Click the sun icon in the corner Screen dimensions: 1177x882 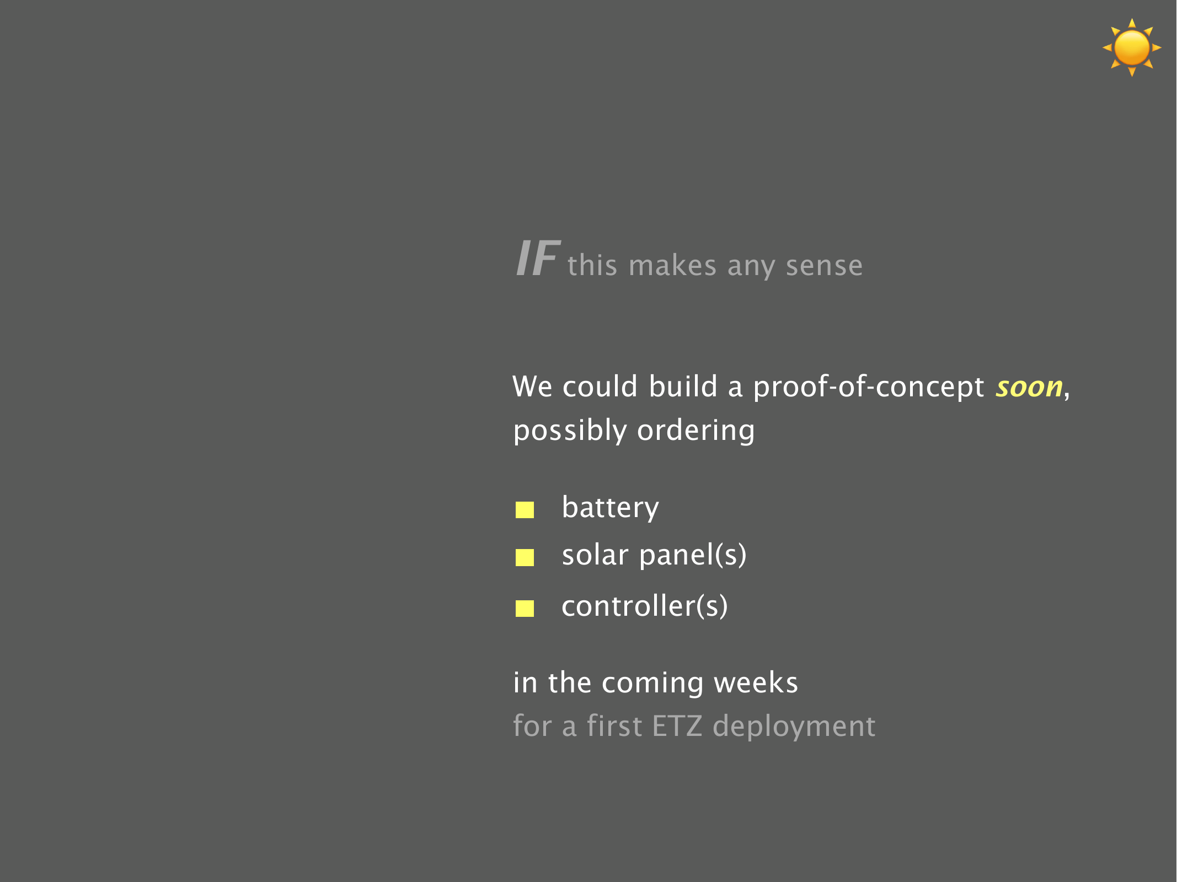pos(1132,47)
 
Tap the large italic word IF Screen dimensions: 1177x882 pos(538,258)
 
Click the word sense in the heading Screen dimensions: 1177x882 pos(824,266)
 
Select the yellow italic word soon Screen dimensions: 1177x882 pos(1029,387)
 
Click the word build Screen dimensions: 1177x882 pos(683,386)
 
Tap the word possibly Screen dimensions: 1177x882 pos(570,431)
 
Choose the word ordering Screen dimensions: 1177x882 pos(696,431)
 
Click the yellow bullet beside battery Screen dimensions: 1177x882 pos(525,510)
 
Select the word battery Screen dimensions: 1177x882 pos(610,508)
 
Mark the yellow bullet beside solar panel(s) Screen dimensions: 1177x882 pos(525,557)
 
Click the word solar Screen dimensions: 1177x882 pos(595,555)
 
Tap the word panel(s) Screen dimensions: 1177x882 pos(693,555)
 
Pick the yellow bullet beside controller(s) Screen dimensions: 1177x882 pos(525,609)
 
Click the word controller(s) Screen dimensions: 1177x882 pos(645,606)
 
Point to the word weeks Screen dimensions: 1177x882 pos(756,682)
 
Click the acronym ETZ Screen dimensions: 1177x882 pos(677,726)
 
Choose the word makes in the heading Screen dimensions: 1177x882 pos(672,265)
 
